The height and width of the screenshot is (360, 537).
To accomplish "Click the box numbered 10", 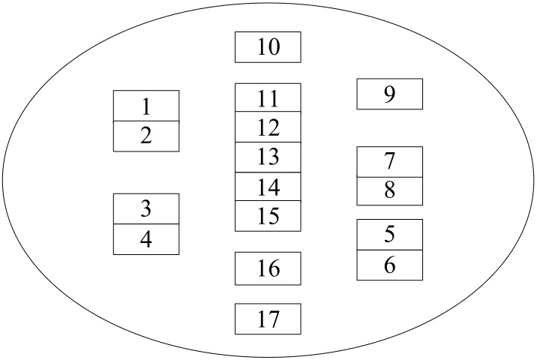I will (268, 47).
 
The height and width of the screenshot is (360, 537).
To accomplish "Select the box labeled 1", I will (146, 106).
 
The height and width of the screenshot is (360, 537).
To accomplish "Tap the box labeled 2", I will (146, 136).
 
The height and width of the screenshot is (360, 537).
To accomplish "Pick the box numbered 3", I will (146, 208).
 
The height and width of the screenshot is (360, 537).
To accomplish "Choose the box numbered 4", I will (146, 239).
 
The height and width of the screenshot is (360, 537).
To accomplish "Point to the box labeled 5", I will (389, 235).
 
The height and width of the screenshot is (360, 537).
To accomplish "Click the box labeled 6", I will (389, 265).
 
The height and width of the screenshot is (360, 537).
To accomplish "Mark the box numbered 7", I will (389, 162).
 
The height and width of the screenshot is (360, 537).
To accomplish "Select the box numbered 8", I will (389, 191).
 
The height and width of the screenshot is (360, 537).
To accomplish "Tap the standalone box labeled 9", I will (389, 94).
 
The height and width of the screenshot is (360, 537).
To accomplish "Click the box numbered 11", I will (268, 97).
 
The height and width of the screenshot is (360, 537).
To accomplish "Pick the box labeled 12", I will (268, 127).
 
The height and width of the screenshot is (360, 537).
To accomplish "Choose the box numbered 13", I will (268, 157).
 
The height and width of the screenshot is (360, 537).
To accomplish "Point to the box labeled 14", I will (268, 187).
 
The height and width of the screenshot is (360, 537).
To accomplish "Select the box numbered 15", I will (268, 216).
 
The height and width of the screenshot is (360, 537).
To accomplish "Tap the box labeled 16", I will (268, 268).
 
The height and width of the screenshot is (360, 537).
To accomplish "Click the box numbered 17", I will (268, 319).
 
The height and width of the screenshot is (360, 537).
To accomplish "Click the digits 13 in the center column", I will (268, 157).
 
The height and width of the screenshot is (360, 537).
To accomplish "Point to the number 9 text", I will (389, 94).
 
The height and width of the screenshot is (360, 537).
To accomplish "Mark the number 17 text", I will (268, 319).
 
